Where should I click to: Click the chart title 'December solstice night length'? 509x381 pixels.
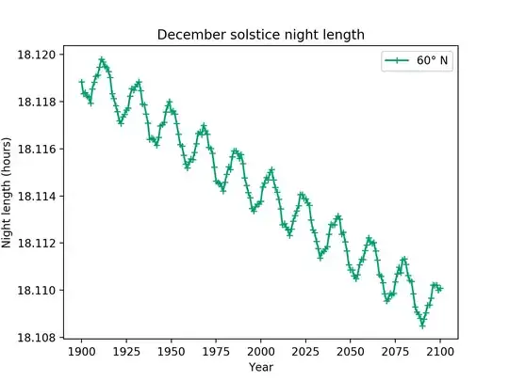260,35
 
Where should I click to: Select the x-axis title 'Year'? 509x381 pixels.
261,368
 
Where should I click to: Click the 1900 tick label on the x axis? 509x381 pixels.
81,351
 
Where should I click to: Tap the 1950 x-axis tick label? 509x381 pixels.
171,351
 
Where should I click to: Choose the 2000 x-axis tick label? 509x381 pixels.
261,351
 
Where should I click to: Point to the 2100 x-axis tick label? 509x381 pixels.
440,351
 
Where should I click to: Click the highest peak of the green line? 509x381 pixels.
102,59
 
